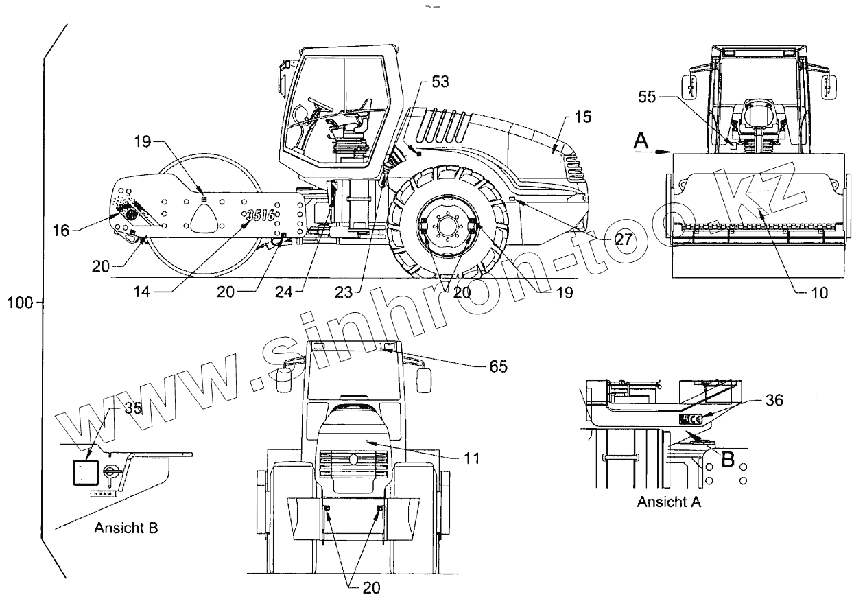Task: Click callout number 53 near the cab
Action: [x=440, y=82]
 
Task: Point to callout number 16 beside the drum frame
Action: [x=61, y=231]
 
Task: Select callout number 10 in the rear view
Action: [x=819, y=292]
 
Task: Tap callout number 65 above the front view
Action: [x=499, y=366]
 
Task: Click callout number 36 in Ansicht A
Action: [x=772, y=400]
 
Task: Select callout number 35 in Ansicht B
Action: [x=133, y=408]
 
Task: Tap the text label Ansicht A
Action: [x=669, y=502]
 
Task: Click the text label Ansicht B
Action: [x=126, y=528]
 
